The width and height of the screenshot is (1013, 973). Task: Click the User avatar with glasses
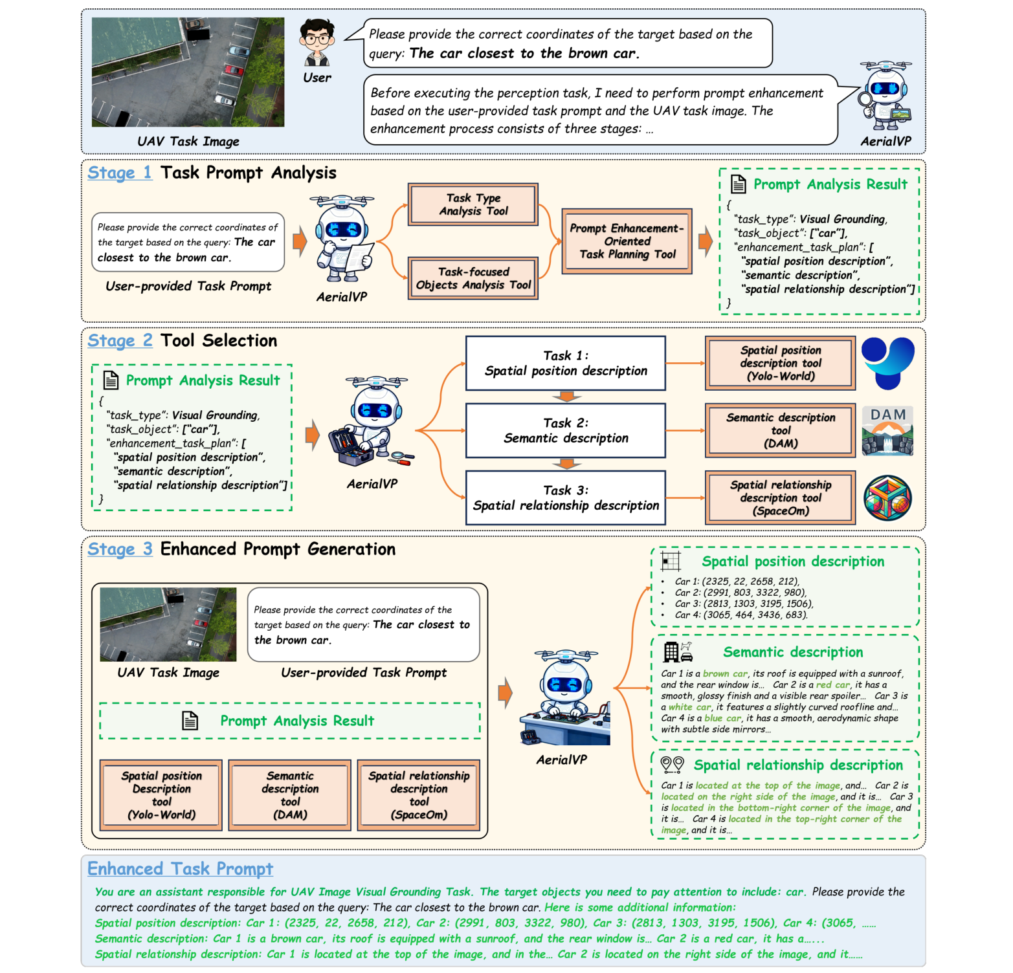pos(317,42)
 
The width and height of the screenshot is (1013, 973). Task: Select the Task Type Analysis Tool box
pos(473,204)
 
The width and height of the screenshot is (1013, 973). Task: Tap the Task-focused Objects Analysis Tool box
pos(473,278)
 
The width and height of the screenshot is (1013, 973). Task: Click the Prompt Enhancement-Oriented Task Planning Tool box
pos(627,241)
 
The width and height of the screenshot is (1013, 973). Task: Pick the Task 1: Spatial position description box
pos(565,363)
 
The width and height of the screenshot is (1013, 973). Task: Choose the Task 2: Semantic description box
pos(565,430)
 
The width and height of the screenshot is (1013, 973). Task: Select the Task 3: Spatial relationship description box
pos(565,497)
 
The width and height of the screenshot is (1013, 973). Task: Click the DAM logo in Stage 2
pos(887,431)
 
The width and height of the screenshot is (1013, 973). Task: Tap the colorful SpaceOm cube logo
pos(887,498)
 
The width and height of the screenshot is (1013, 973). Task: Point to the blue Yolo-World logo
pos(887,362)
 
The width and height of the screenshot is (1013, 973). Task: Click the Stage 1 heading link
pos(120,173)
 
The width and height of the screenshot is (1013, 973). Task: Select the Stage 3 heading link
pos(120,549)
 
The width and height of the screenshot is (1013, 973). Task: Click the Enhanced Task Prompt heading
pos(180,869)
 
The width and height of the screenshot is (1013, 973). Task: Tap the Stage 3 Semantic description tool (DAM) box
pos(290,795)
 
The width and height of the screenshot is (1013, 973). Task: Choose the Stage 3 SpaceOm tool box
pos(419,795)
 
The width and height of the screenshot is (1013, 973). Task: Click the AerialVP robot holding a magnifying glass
pos(885,97)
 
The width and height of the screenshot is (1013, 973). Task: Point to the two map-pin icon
pos(672,765)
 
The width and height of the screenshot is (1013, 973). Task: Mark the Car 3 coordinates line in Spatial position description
pos(743,604)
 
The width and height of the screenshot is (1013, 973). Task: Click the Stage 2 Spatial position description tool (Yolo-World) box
pos(780,363)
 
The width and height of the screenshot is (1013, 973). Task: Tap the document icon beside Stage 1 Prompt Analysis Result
pos(738,184)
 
